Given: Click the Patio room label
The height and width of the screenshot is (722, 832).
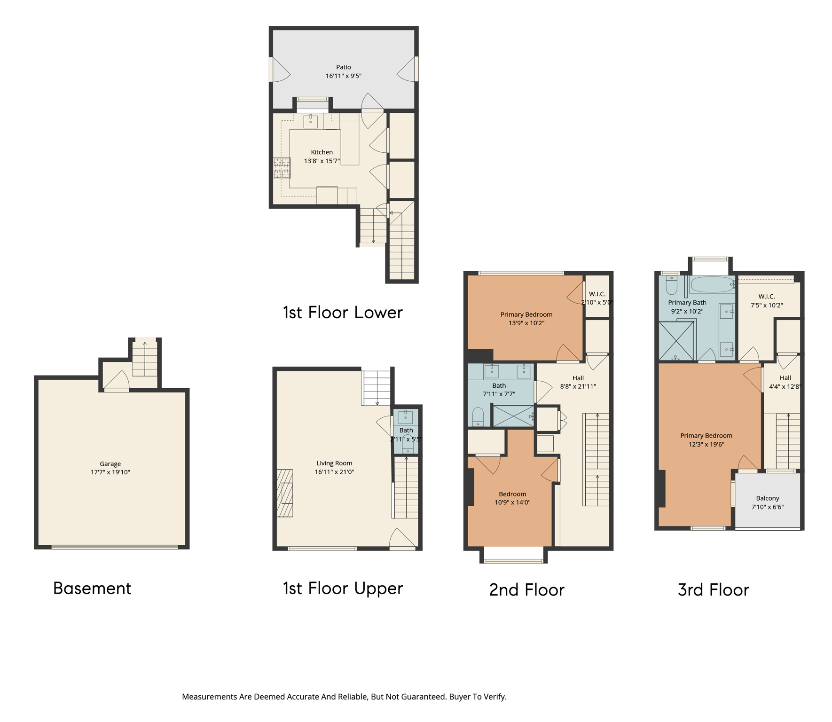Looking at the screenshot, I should (x=343, y=67).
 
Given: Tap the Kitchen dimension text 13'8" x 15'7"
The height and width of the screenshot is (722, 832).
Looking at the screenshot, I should (x=322, y=161).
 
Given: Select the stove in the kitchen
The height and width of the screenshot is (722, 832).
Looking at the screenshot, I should (x=282, y=168).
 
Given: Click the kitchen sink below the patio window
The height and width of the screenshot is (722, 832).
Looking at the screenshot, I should (x=310, y=121).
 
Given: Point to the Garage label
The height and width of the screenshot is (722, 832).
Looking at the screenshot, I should (x=110, y=463).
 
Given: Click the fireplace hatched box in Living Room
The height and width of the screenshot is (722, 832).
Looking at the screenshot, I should (x=285, y=493).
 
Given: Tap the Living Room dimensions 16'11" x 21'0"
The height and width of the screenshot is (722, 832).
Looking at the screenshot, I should (x=334, y=472).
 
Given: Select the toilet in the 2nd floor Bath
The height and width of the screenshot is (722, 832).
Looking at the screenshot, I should (x=478, y=417).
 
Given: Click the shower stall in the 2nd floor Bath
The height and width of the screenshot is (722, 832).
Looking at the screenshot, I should (x=513, y=416).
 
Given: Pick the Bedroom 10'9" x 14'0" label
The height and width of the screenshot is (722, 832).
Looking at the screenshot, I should (x=512, y=498).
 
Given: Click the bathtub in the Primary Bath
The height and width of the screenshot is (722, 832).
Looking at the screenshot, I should (x=712, y=284).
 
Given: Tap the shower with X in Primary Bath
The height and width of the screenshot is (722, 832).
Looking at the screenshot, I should (x=676, y=341).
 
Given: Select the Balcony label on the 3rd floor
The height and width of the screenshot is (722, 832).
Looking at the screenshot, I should (x=767, y=498).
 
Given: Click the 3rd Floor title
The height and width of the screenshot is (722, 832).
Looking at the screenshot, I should (x=713, y=590).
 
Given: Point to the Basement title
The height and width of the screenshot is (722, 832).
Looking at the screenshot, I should (x=92, y=588).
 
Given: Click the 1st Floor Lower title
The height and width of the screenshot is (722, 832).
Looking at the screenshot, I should (x=343, y=313).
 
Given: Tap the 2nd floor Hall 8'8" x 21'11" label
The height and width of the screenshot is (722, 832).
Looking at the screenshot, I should (x=578, y=382).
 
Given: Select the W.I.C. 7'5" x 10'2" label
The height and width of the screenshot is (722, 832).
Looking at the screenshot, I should (x=766, y=301).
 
